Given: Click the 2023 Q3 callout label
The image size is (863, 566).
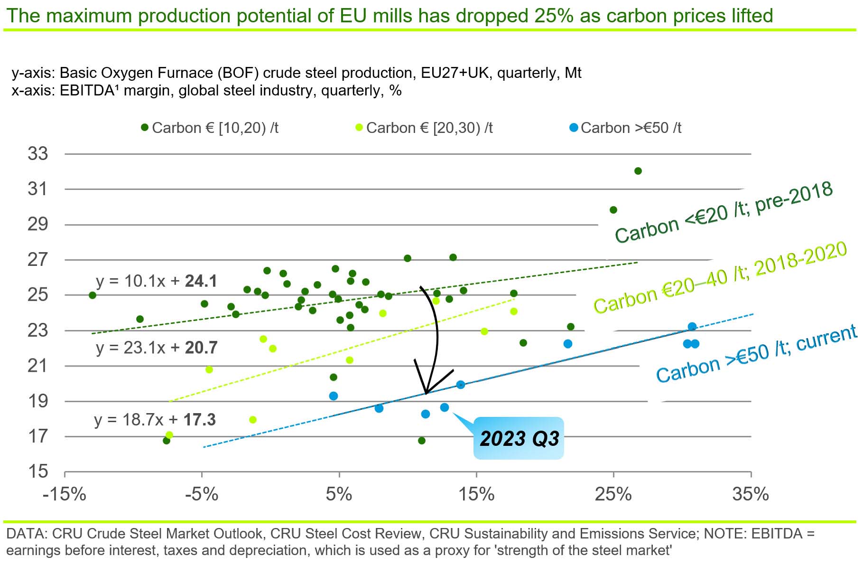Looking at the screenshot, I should (x=519, y=438).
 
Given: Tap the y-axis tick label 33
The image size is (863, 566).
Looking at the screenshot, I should (x=38, y=154).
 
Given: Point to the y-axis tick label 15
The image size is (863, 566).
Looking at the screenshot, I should (x=38, y=472).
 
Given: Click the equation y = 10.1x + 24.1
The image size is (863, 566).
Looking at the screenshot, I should (x=156, y=281).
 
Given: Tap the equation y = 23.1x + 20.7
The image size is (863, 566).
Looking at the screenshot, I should (x=157, y=348).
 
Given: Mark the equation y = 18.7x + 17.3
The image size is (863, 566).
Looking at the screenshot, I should (x=155, y=420).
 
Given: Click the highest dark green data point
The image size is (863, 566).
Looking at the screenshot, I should (x=638, y=171).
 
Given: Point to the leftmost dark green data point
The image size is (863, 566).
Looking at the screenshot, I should (x=93, y=295).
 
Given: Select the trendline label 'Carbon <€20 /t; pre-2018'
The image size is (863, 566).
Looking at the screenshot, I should (x=724, y=212).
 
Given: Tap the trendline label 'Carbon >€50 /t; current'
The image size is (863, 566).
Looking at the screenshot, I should (x=756, y=354).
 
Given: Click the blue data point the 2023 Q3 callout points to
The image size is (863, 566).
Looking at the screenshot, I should (x=445, y=407).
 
